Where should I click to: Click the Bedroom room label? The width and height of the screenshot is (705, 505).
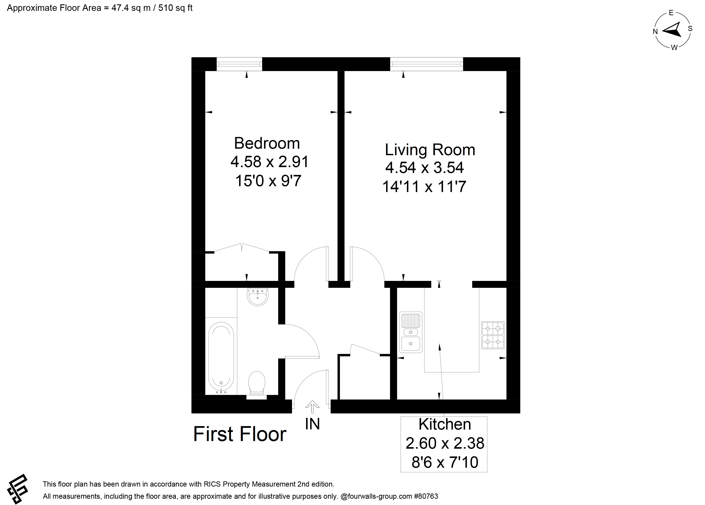pyautogui.click(x=267, y=143)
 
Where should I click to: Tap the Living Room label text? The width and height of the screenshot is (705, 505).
pyautogui.click(x=430, y=150)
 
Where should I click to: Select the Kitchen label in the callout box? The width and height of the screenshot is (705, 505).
pyautogui.click(x=445, y=424)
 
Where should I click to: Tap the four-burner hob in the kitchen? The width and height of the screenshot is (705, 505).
pyautogui.click(x=493, y=335)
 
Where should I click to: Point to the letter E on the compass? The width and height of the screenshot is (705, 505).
pyautogui.click(x=671, y=13)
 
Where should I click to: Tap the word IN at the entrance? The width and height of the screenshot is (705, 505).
pyautogui.click(x=312, y=424)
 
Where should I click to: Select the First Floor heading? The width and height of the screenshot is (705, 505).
pyautogui.click(x=240, y=434)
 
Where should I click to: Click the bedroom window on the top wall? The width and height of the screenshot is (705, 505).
pyautogui.click(x=239, y=64)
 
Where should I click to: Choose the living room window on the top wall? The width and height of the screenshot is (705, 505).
pyautogui.click(x=426, y=64)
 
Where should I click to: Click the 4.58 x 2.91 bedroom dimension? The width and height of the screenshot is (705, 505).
pyautogui.click(x=269, y=162)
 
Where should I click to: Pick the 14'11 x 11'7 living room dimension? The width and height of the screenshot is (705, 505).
pyautogui.click(x=424, y=187)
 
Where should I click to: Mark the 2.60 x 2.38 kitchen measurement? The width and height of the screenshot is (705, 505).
pyautogui.click(x=445, y=443)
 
